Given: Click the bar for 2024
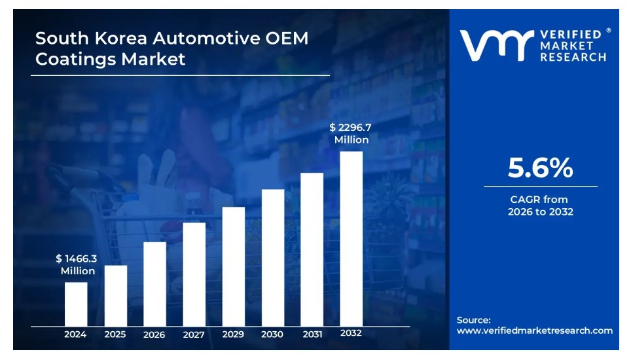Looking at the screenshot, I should (x=76, y=304).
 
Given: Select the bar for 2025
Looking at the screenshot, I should (x=116, y=295).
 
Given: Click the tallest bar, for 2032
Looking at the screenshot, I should (x=352, y=238).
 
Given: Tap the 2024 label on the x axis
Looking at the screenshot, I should (x=75, y=334).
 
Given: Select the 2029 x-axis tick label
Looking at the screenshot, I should (x=233, y=334).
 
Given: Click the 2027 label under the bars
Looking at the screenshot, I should (x=194, y=334).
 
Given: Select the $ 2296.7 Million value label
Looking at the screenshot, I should (x=352, y=134).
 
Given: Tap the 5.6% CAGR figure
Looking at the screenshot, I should (x=540, y=169).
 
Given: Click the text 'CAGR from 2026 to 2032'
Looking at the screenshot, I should (x=541, y=206).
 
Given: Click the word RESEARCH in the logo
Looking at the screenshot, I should (x=573, y=57).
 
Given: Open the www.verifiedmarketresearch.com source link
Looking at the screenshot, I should (x=534, y=331).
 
